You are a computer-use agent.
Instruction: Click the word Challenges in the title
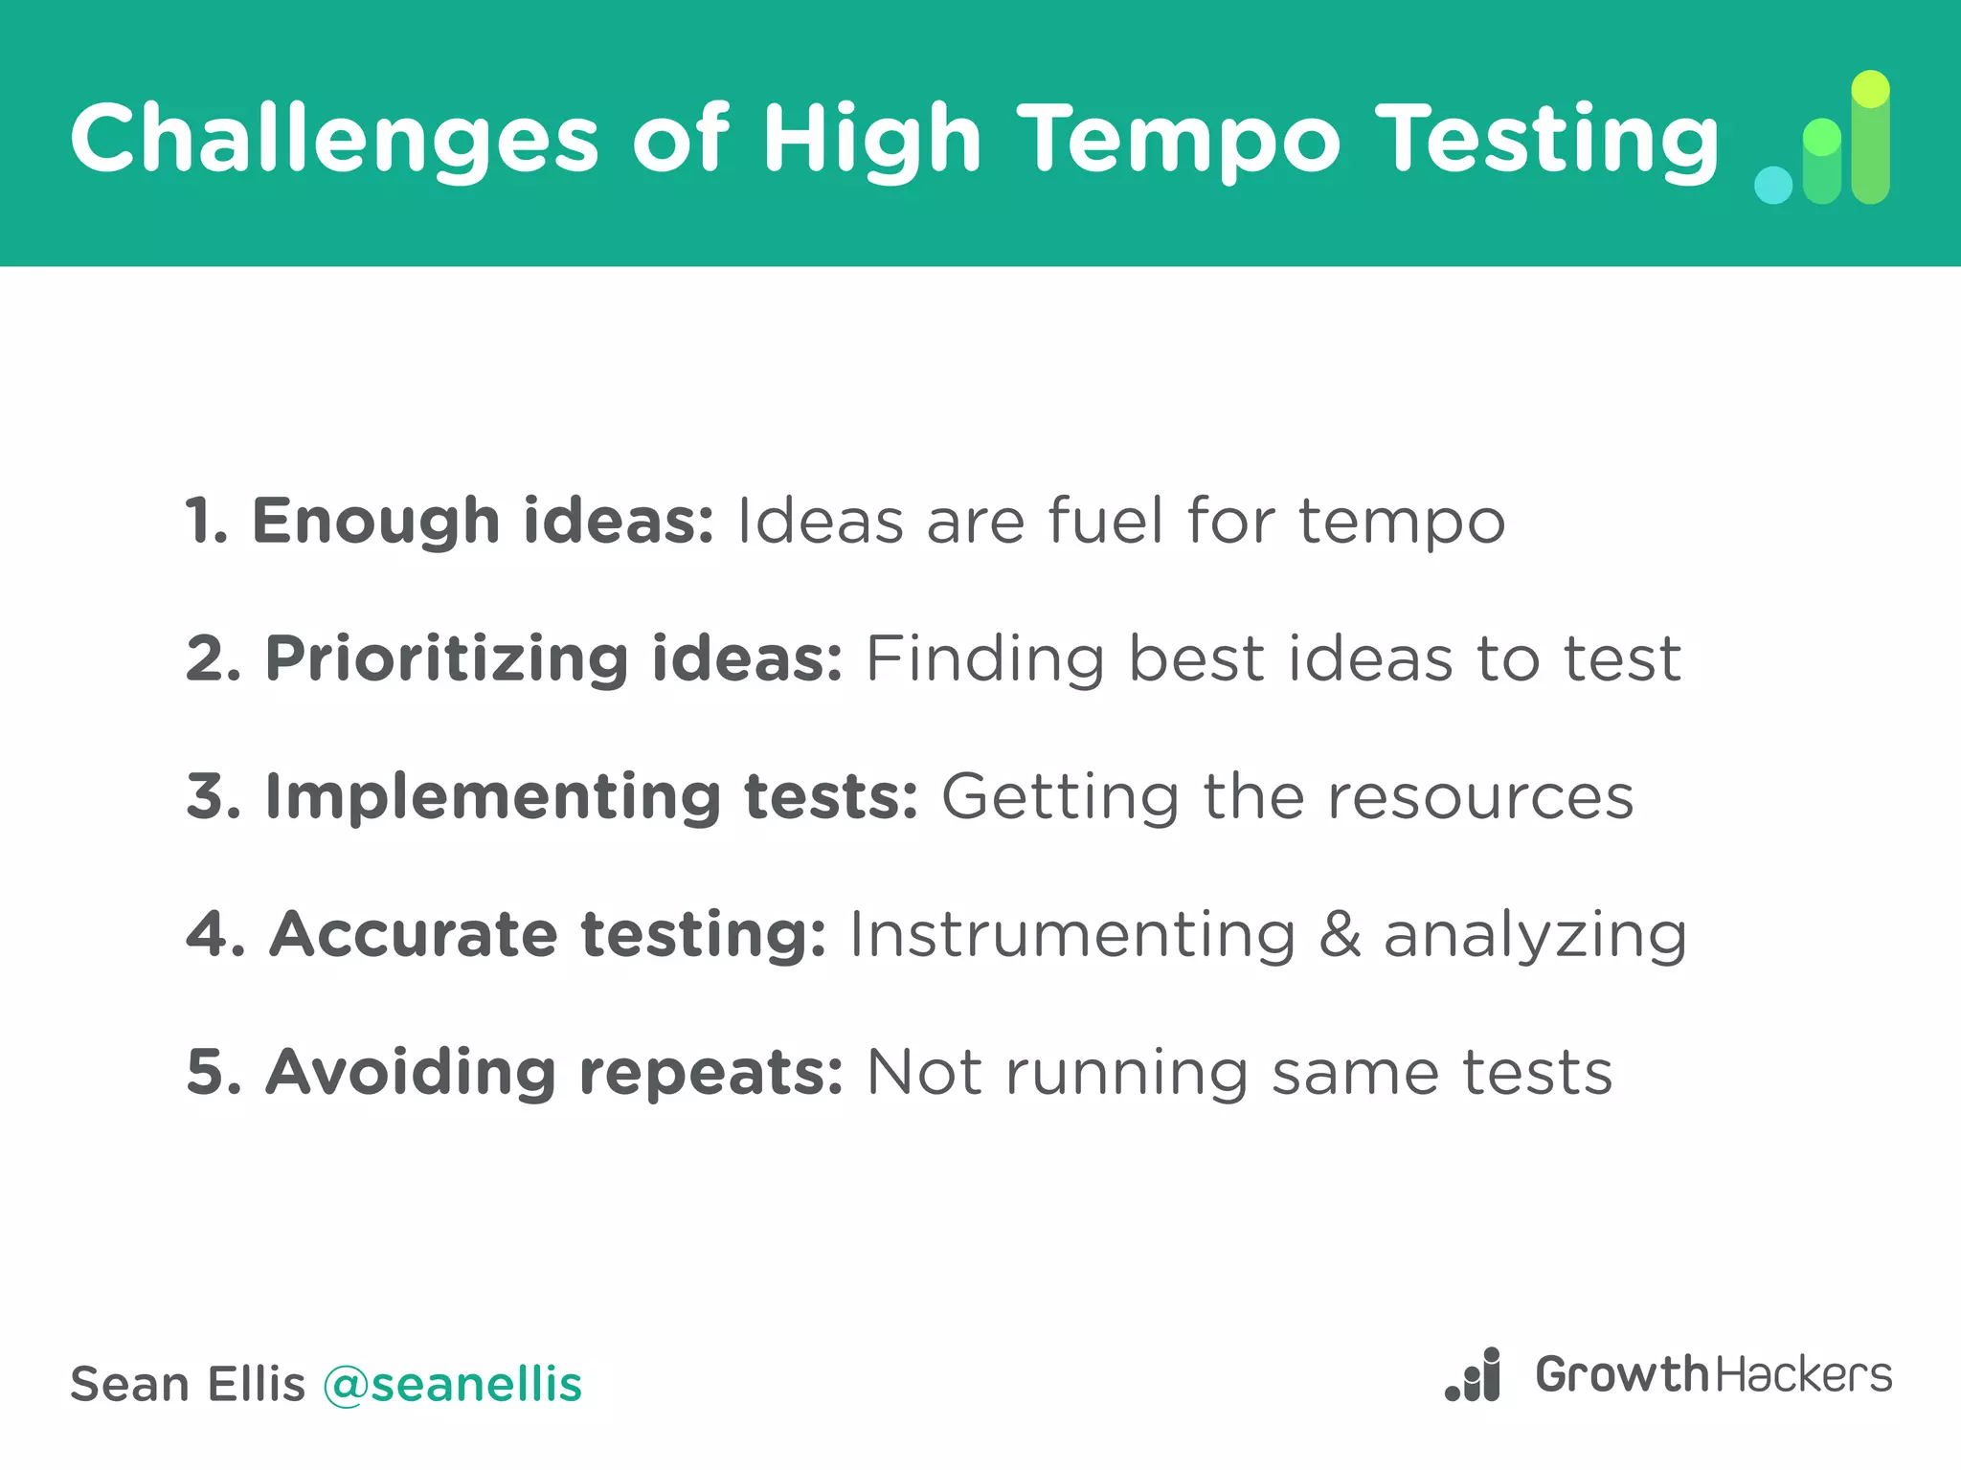point(334,139)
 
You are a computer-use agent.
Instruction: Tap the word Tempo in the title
point(1179,139)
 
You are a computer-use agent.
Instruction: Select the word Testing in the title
point(1548,139)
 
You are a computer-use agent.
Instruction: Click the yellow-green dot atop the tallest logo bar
point(1870,90)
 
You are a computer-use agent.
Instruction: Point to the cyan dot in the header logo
point(1773,185)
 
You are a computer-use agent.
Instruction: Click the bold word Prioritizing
point(446,659)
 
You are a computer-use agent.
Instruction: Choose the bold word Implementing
point(492,797)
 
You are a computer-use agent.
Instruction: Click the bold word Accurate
point(413,934)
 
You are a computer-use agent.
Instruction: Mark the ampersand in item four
point(1340,934)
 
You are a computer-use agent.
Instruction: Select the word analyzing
point(1535,936)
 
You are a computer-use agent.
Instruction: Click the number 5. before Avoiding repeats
point(214,1072)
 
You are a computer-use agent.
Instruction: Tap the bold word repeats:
point(711,1074)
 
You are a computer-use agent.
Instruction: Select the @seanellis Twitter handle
point(452,1385)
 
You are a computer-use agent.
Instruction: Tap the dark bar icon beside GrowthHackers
point(1474,1376)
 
